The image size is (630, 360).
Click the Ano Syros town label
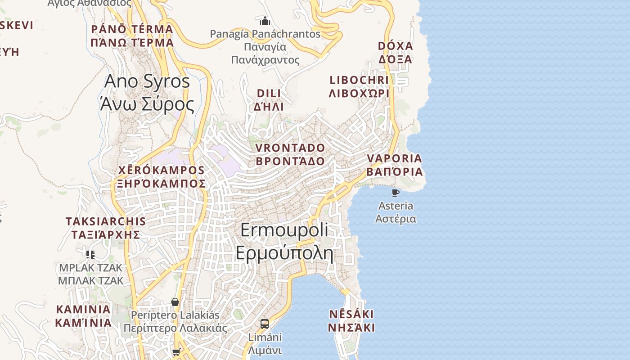pyautogui.click(x=147, y=93)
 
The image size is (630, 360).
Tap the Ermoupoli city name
pyautogui.click(x=284, y=242)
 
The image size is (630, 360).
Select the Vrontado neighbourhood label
pyautogui.click(x=290, y=154)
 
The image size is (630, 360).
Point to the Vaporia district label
pyautogui.click(x=394, y=165)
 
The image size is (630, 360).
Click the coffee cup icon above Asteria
pyautogui.click(x=396, y=193)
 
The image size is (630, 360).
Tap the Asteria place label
pyautogui.click(x=396, y=212)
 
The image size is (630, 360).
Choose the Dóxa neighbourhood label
pyautogui.click(x=396, y=53)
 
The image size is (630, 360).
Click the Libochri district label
pyautogui.click(x=359, y=86)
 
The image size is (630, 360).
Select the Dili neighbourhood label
pyautogui.click(x=269, y=99)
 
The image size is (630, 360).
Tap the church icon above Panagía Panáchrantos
pyautogui.click(x=265, y=21)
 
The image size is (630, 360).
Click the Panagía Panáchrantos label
pyautogui.click(x=265, y=46)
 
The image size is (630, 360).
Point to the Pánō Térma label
pyautogui.click(x=132, y=36)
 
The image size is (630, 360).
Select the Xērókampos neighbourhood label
pyautogui.click(x=162, y=177)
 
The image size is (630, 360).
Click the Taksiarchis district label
pyautogui.click(x=106, y=228)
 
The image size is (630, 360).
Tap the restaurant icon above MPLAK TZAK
pyautogui.click(x=90, y=255)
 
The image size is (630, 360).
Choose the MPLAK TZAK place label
pyautogui.click(x=90, y=274)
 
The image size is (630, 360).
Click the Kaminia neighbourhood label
pyautogui.click(x=83, y=316)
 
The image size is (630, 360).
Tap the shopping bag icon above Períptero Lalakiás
pyautogui.click(x=175, y=302)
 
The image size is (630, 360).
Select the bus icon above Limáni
pyautogui.click(x=265, y=324)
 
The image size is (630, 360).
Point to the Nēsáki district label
pyautogui.click(x=351, y=320)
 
